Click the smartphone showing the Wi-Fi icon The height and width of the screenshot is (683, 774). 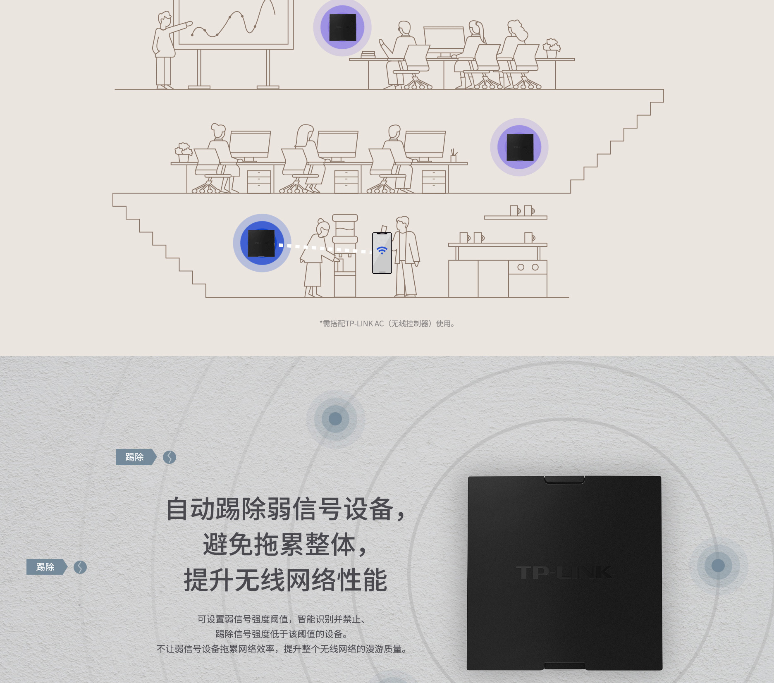tap(382, 253)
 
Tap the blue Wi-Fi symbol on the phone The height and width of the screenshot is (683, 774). tap(382, 250)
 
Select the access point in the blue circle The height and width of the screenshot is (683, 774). tap(261, 243)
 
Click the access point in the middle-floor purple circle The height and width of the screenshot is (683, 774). tap(520, 147)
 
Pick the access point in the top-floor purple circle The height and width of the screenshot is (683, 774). tap(343, 27)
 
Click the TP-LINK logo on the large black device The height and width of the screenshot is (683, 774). tap(564, 572)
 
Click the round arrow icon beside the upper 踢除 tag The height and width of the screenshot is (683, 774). tap(170, 457)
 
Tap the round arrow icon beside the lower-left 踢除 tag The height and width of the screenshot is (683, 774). tap(80, 567)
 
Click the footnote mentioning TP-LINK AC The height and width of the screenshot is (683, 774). tap(387, 324)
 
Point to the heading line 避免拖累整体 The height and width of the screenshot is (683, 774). tap(285, 544)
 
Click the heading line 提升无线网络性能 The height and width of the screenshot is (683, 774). tap(285, 580)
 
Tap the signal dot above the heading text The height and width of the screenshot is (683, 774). tap(335, 419)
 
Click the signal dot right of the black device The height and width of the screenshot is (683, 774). tap(718, 566)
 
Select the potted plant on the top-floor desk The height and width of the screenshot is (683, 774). tap(552, 48)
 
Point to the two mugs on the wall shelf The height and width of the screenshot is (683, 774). tap(522, 211)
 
